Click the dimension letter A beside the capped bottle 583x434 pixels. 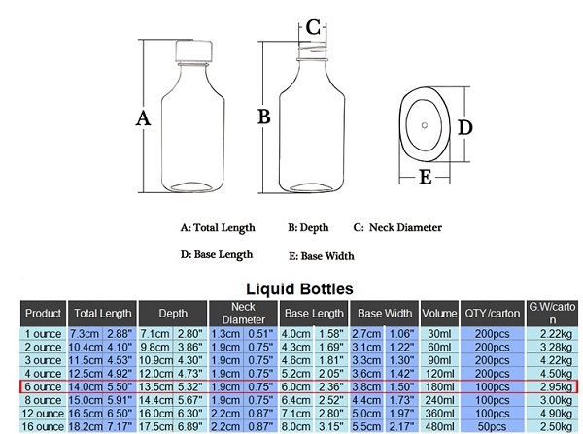click(x=143, y=118)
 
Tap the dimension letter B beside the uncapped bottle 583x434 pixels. click(x=264, y=117)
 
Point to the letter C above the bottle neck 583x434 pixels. click(x=313, y=27)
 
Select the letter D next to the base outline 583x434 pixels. click(x=464, y=127)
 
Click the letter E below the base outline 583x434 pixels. click(x=425, y=177)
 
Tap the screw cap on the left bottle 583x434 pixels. click(x=193, y=50)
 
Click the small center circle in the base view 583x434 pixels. click(x=425, y=125)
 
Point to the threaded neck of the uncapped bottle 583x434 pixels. click(x=312, y=50)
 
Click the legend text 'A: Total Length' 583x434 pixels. click(x=218, y=228)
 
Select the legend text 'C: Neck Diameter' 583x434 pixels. click(x=397, y=227)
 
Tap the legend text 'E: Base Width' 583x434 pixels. click(x=322, y=256)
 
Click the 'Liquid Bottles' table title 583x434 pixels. click(x=299, y=288)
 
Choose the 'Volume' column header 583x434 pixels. click(x=439, y=314)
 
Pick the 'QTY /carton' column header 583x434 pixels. click(x=492, y=314)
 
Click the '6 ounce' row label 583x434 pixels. click(x=43, y=386)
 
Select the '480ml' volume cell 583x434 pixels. click(x=439, y=426)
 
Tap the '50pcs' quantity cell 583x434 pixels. click(x=492, y=426)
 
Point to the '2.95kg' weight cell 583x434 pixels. click(x=556, y=386)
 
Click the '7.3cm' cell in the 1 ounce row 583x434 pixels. click(x=85, y=334)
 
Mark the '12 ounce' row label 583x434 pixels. click(x=43, y=414)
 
